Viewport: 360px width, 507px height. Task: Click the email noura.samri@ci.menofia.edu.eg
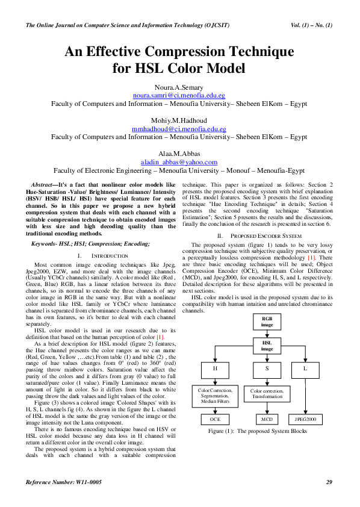tap(179, 96)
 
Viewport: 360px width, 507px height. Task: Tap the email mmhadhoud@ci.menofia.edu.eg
tap(179, 129)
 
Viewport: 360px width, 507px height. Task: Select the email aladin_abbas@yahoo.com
tap(179, 162)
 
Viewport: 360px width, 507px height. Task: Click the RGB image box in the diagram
tap(267, 321)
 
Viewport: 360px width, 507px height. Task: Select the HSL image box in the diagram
tap(267, 345)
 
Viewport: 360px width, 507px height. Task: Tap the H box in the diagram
tap(216, 367)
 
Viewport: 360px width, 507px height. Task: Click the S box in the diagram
tap(267, 367)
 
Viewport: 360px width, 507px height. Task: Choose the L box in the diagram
tap(305, 367)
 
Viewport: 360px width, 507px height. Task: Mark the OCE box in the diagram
tap(216, 418)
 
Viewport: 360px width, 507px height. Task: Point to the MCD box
tap(267, 418)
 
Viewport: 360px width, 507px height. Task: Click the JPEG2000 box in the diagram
tap(305, 418)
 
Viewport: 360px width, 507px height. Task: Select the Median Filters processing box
tap(216, 396)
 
